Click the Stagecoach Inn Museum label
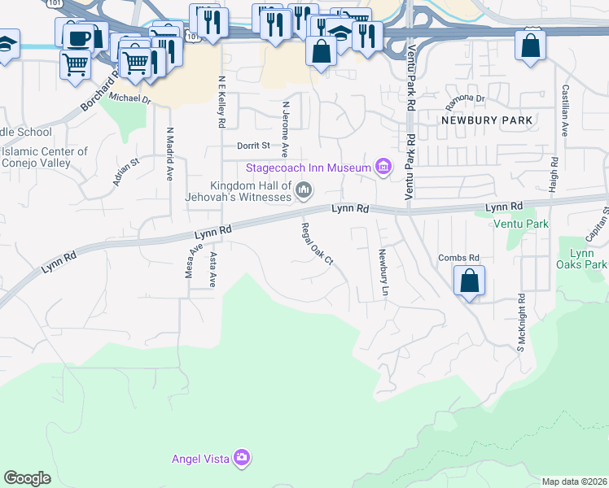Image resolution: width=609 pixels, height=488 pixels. tap(309, 168)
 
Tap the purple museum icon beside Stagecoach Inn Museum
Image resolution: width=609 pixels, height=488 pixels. tap(383, 168)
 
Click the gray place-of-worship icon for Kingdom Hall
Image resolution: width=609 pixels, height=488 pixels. tap(304, 191)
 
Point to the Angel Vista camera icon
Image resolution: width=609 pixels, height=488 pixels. tap(241, 458)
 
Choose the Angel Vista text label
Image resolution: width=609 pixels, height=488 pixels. tap(199, 459)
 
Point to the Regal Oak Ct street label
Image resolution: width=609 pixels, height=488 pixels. tap(318, 244)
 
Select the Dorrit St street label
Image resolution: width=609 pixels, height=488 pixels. tap(253, 146)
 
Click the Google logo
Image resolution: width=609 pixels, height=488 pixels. tap(27, 478)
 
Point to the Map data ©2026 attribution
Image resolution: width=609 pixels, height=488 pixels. tap(574, 481)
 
